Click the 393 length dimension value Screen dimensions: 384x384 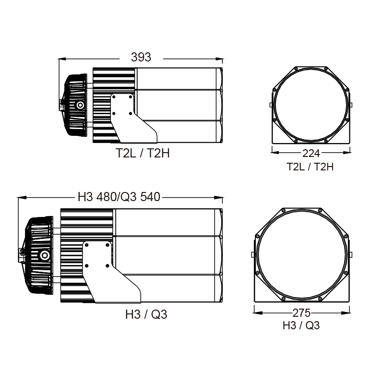click(141, 57)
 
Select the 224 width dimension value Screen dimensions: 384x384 click(311, 154)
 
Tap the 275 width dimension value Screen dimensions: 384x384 click(301, 313)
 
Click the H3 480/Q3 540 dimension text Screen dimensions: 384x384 click(119, 197)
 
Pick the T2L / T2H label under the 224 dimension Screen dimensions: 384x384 click(310, 167)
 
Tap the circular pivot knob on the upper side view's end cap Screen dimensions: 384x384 click(80, 105)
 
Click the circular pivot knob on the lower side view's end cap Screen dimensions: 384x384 click(45, 255)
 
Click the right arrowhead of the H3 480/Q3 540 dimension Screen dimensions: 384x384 click(220, 197)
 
